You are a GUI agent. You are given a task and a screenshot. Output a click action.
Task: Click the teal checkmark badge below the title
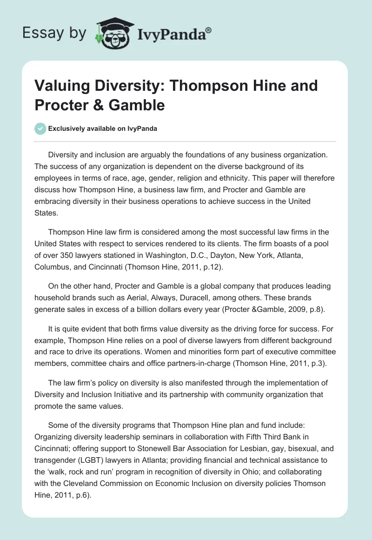[40, 128]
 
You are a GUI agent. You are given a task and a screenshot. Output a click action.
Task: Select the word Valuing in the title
[60, 86]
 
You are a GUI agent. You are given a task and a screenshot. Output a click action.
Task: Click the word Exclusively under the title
[67, 129]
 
